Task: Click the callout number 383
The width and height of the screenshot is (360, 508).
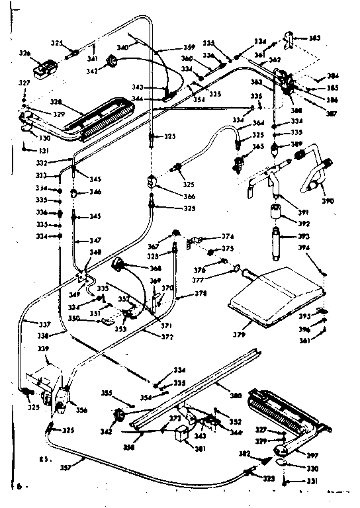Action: [x=314, y=38]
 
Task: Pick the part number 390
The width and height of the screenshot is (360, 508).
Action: [x=328, y=200]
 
